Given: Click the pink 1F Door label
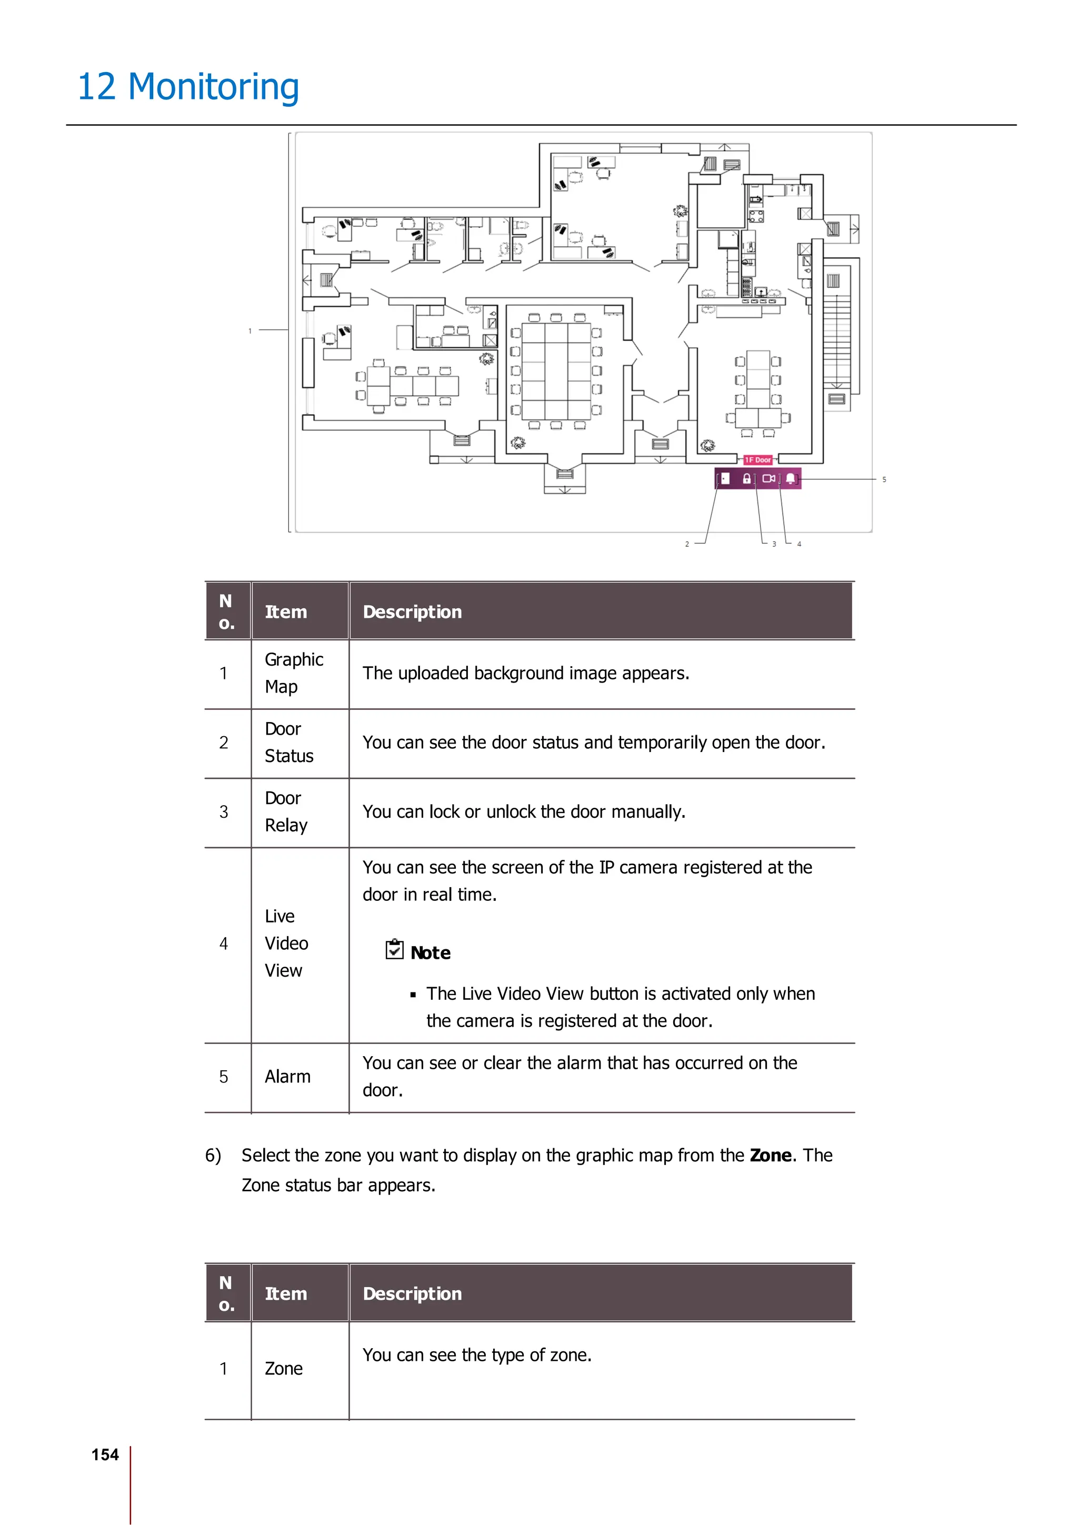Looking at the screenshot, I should (x=757, y=459).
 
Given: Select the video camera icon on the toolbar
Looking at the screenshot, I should (x=768, y=478).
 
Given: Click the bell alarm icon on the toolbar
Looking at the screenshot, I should (x=791, y=478).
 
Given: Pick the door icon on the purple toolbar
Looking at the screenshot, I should (x=725, y=478).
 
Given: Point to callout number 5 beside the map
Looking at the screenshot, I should (x=884, y=479).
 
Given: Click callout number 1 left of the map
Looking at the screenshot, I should (x=251, y=331).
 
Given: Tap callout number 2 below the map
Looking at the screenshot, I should (x=687, y=544).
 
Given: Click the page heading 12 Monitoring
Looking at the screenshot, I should (x=188, y=87).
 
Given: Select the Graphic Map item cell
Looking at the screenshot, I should (x=294, y=673).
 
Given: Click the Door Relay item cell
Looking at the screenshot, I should (x=286, y=811).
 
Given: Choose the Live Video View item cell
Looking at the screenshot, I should (x=286, y=943).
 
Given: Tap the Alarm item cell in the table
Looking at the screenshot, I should (x=287, y=1077).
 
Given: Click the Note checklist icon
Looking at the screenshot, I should (x=395, y=950).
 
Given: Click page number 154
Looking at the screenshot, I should (x=105, y=1454).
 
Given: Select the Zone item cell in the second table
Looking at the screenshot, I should (x=284, y=1369).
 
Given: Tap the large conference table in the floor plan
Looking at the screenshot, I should (x=556, y=370).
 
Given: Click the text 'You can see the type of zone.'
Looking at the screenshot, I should (x=477, y=1355).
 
